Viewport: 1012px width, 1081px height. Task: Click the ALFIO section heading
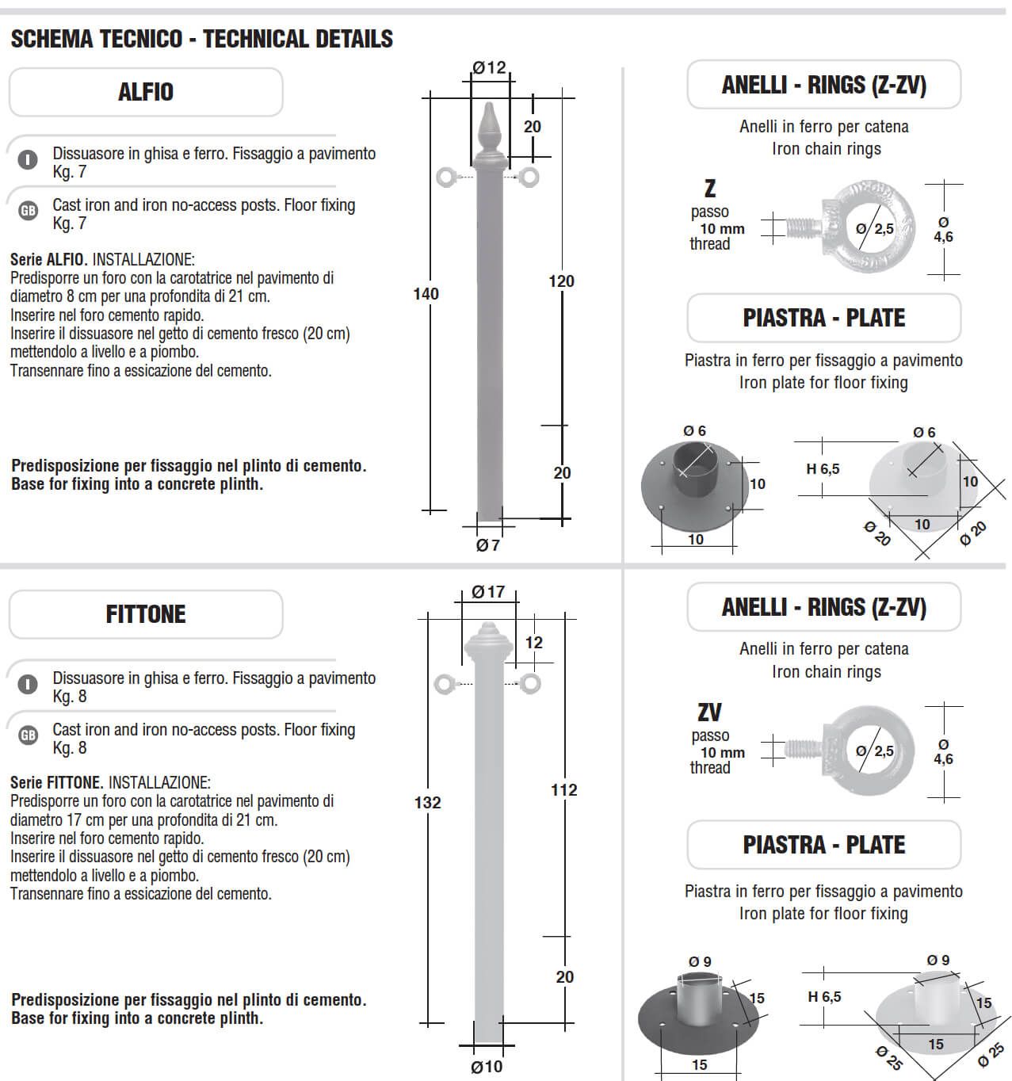146,92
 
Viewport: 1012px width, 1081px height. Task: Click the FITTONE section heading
146,614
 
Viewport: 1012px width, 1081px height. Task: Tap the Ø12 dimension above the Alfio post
489,68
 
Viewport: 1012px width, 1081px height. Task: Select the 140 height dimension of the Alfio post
426,294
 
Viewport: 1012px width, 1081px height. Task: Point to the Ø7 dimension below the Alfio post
487,545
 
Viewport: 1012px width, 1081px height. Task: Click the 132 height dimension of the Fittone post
427,803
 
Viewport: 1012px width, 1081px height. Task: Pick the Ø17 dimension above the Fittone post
488,592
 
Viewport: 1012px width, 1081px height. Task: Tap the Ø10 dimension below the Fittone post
487,1067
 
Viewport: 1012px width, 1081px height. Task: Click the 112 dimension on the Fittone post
563,790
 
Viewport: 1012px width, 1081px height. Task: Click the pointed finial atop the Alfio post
490,131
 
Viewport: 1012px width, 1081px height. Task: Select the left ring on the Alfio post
448,177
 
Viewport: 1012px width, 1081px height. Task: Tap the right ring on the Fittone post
530,682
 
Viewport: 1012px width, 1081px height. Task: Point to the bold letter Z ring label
710,189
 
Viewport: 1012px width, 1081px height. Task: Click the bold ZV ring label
709,712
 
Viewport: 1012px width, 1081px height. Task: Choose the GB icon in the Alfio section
28,211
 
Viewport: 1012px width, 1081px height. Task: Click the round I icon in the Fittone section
28,684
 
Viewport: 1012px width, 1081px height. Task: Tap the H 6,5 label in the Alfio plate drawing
823,469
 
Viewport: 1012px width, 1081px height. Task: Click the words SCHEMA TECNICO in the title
97,39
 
